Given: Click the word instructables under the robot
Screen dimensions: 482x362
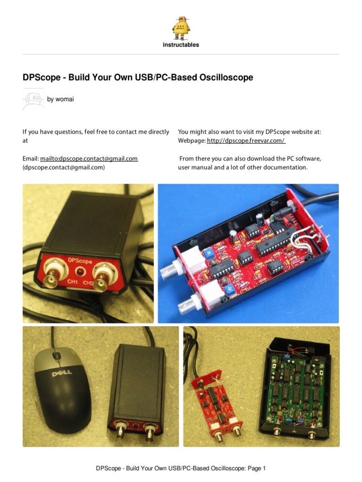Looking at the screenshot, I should [181, 45].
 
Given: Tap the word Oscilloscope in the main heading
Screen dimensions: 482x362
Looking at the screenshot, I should [223, 78].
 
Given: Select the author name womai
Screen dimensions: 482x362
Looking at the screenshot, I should [65, 99].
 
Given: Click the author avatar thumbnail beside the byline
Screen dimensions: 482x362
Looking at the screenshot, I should [33, 99].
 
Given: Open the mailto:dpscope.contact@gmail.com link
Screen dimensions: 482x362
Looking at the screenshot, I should [89, 159].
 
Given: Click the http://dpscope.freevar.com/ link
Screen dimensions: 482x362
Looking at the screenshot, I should [246, 141].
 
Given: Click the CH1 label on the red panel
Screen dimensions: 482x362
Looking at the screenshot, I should [72, 282].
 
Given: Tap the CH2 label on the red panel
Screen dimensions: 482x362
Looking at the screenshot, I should [88, 282].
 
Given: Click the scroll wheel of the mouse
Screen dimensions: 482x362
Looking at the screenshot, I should [57, 355].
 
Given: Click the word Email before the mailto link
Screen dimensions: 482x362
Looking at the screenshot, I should [30, 159].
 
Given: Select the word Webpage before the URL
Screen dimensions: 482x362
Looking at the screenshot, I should [191, 141].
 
